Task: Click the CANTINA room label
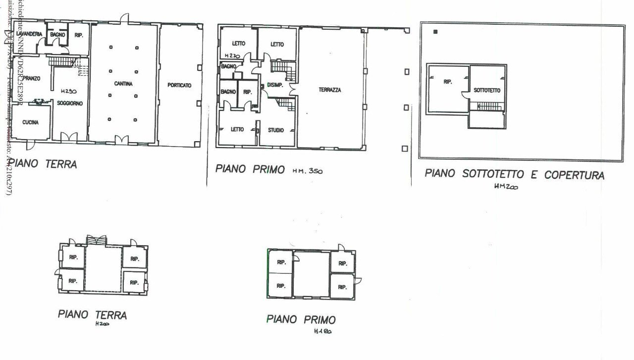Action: click(x=123, y=84)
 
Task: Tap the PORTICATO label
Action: click(x=179, y=85)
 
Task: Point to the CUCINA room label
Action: click(x=30, y=122)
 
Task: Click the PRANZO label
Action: click(x=31, y=78)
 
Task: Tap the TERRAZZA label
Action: click(x=329, y=90)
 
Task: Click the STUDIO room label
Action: click(x=276, y=130)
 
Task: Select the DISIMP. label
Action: click(x=275, y=85)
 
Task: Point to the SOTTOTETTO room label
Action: click(x=487, y=91)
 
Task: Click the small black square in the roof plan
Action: click(x=435, y=32)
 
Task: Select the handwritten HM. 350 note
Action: click(x=308, y=171)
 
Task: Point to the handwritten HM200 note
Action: click(x=506, y=187)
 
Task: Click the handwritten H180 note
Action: click(x=322, y=331)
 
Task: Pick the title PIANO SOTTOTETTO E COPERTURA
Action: click(x=515, y=175)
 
